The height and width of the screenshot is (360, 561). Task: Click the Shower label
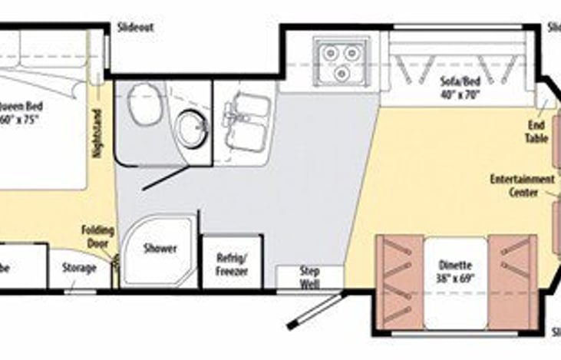[160, 249]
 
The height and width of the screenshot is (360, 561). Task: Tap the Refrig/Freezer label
[231, 264]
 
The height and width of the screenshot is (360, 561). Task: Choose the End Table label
[536, 132]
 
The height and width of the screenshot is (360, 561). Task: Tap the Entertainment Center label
[523, 186]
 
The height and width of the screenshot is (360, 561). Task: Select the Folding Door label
[99, 237]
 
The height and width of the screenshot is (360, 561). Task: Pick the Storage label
[79, 268]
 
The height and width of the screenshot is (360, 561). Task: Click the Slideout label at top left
[135, 28]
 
